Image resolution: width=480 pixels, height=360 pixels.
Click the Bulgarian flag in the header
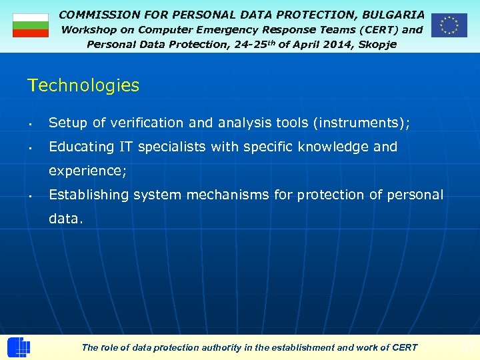[x=31, y=25]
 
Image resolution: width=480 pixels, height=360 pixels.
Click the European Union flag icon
[x=449, y=25]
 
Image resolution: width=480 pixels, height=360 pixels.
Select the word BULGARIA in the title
[x=393, y=14]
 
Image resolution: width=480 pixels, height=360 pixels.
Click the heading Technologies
[x=83, y=85]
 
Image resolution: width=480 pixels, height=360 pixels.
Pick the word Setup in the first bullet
[x=68, y=123]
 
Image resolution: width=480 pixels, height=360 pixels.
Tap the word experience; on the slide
[x=87, y=171]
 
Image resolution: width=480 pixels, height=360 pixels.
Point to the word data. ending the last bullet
[x=66, y=219]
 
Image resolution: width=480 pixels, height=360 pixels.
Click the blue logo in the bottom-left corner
[x=19, y=347]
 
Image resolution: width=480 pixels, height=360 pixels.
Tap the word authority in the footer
[x=223, y=347]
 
